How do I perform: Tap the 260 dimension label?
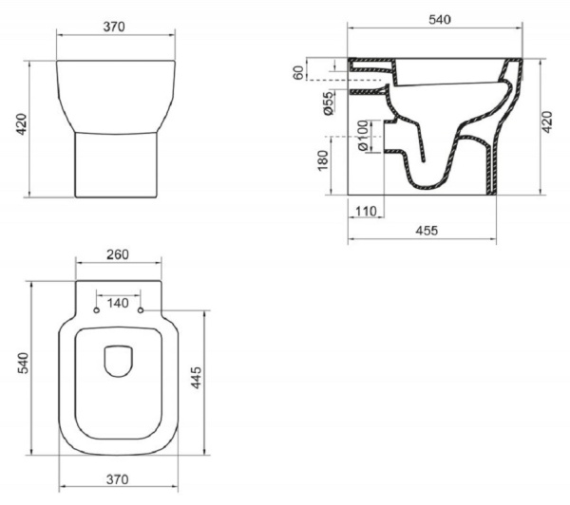click(120, 255)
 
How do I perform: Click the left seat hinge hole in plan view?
click(97, 311)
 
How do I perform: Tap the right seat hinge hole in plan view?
click(142, 311)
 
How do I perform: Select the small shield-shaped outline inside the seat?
click(119, 362)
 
